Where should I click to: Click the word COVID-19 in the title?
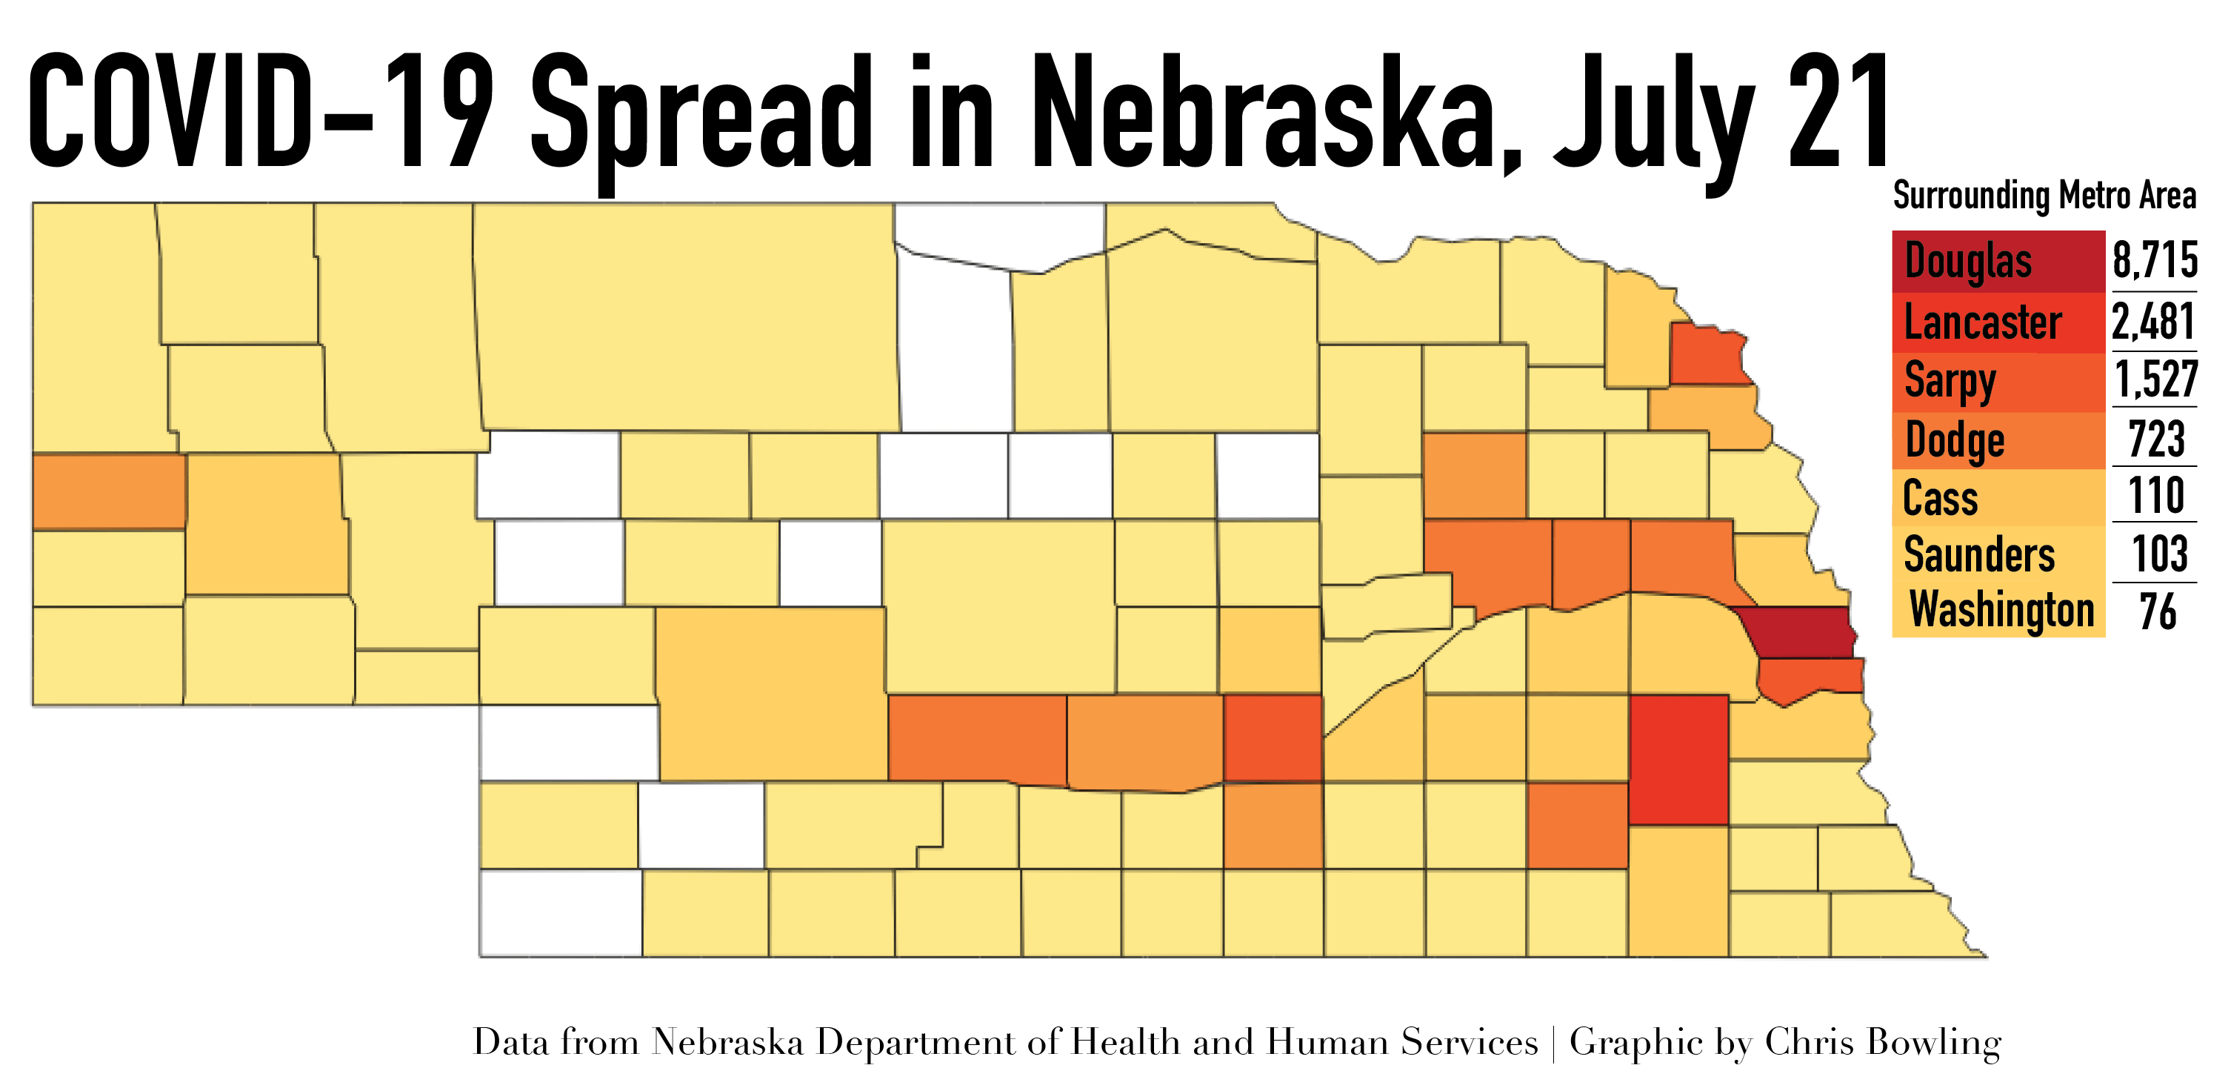point(260,113)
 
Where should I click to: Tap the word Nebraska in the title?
point(1273,113)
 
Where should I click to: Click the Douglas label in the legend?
point(1968,262)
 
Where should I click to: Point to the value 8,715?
point(2155,260)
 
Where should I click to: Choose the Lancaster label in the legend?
point(1982,322)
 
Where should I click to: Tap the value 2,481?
point(2153,322)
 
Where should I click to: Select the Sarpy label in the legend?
point(1950,381)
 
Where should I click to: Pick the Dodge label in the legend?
point(1955,441)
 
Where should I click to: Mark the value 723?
point(2156,439)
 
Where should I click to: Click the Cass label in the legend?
point(1940,499)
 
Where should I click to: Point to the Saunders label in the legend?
point(1979,554)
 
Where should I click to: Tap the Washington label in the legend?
point(2001,610)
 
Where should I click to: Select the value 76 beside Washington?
point(2156,611)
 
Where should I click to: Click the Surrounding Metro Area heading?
point(2044,196)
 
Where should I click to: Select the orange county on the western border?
point(109,491)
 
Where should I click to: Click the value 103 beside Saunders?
point(2160,554)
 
